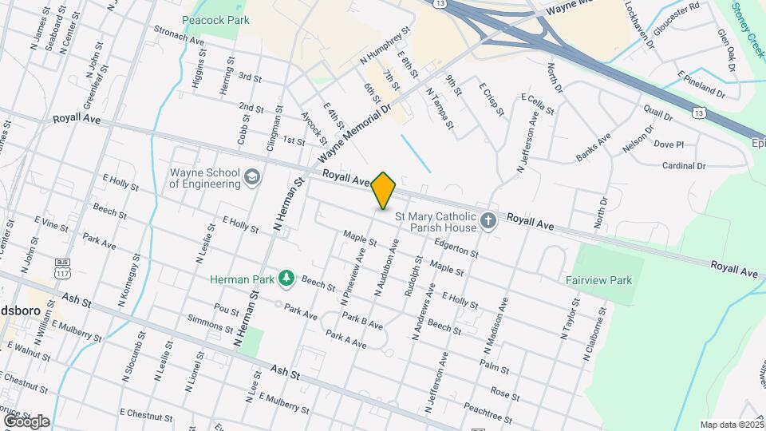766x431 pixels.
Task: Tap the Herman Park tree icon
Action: [x=286, y=279]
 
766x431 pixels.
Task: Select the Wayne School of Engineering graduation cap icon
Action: [x=252, y=176]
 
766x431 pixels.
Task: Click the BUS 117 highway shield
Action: [x=63, y=268]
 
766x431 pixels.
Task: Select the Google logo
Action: [x=26, y=421]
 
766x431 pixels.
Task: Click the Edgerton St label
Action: [x=456, y=248]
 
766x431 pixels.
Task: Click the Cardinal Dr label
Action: [x=684, y=166]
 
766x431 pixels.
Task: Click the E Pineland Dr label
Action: [x=701, y=84]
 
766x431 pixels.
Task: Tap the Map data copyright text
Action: [x=731, y=425]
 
